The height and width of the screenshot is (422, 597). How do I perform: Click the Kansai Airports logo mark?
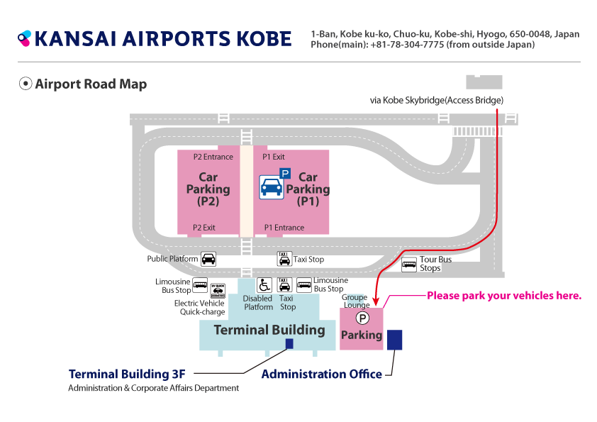(x=24, y=38)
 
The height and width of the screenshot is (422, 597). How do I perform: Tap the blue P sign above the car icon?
(x=285, y=174)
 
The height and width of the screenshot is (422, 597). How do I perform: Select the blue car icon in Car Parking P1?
(x=271, y=187)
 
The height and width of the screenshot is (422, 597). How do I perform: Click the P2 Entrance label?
(x=213, y=157)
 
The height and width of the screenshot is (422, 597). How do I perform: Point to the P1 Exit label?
(x=274, y=157)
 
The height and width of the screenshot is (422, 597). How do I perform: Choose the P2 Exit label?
(x=203, y=228)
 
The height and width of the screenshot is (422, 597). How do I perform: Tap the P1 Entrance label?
(x=284, y=228)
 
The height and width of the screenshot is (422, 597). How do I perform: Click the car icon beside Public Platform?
(x=208, y=259)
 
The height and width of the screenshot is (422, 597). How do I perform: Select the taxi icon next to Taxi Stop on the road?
(x=284, y=259)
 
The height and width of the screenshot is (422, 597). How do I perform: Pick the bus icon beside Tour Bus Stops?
(x=409, y=265)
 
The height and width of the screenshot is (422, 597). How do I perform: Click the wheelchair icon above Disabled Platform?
(x=264, y=285)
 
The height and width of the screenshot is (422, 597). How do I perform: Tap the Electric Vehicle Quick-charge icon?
(x=218, y=291)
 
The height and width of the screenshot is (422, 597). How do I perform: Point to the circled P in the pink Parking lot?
(x=362, y=318)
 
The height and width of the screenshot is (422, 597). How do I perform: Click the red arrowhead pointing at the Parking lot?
(x=376, y=302)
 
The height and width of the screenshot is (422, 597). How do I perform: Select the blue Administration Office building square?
(x=394, y=340)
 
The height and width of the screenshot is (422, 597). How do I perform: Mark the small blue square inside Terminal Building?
(x=289, y=343)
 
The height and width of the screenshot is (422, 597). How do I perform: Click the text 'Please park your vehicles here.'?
(x=504, y=296)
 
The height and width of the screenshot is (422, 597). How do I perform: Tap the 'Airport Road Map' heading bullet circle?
(x=26, y=84)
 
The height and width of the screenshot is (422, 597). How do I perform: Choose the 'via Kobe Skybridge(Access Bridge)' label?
(x=437, y=100)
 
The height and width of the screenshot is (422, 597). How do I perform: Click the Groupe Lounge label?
(x=356, y=301)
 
